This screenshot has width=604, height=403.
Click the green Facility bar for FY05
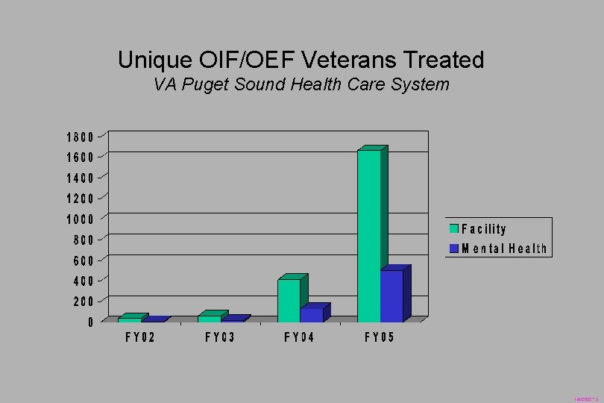[x=369, y=235]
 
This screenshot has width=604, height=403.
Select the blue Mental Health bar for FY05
[x=391, y=296]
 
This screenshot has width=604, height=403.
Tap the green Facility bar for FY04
[x=289, y=300]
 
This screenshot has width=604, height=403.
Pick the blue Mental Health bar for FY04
[x=312, y=315]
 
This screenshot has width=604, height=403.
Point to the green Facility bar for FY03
[x=209, y=319]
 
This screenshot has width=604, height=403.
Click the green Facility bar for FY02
[x=129, y=319]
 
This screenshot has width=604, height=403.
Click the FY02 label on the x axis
[x=139, y=337]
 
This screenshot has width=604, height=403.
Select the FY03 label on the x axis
[x=220, y=337]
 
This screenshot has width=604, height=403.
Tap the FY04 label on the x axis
[x=299, y=337]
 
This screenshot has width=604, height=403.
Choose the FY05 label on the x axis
[x=380, y=337]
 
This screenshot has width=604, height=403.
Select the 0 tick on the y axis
[x=89, y=322]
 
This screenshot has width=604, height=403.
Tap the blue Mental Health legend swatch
[x=453, y=249]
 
